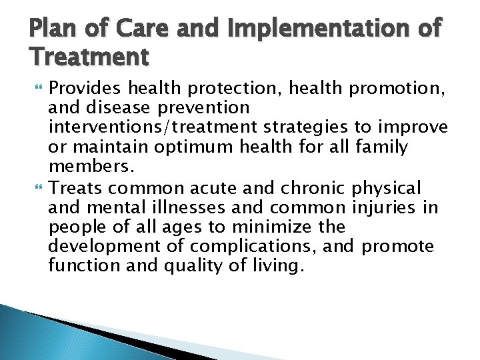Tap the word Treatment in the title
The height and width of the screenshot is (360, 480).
[x=89, y=59]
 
